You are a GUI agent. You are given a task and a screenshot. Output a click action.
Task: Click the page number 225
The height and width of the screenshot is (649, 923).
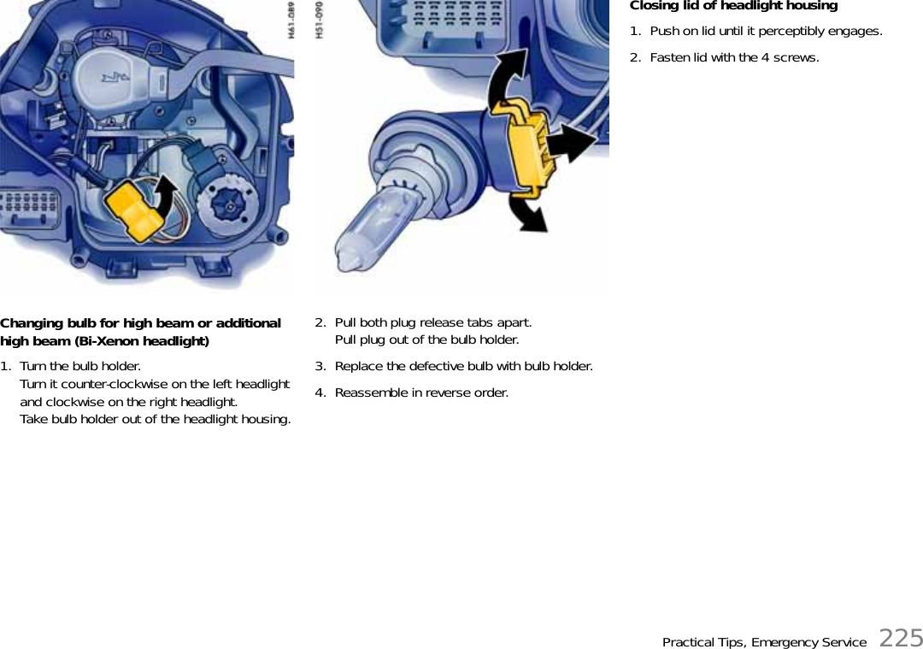click(x=901, y=638)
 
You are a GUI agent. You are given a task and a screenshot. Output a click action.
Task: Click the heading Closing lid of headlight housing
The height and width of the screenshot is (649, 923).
click(x=733, y=6)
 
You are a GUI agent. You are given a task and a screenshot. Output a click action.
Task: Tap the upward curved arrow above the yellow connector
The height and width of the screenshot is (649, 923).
click(x=506, y=80)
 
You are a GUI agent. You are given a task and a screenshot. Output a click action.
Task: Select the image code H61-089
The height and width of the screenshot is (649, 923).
click(x=291, y=20)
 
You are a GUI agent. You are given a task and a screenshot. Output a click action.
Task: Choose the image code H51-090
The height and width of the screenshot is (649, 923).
click(x=320, y=20)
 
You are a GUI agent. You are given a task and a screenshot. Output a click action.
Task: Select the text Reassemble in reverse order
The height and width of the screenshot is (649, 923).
click(x=420, y=392)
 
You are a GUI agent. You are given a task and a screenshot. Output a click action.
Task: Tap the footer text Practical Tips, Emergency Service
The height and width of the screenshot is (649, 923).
click(x=764, y=642)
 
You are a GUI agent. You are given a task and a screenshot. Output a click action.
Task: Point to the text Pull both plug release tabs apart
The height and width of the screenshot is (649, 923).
click(x=433, y=322)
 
